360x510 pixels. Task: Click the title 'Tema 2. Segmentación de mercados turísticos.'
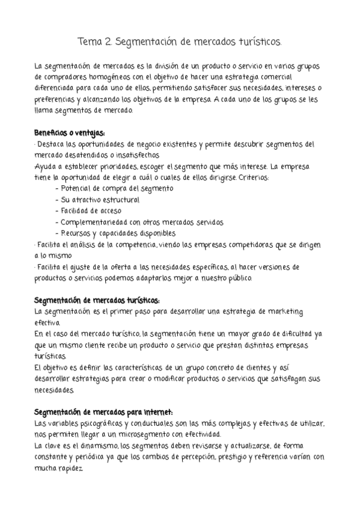tap(180, 42)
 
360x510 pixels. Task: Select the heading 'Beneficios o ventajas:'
tap(70, 132)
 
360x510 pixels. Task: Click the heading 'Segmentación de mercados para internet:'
tap(103, 412)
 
